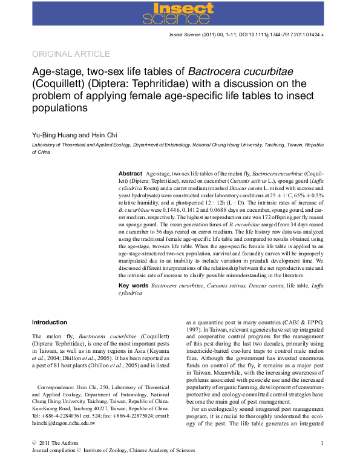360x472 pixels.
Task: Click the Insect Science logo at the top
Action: (x=180, y=13)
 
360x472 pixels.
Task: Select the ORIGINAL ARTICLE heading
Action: (x=71, y=54)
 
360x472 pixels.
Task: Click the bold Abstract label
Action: (x=130, y=174)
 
